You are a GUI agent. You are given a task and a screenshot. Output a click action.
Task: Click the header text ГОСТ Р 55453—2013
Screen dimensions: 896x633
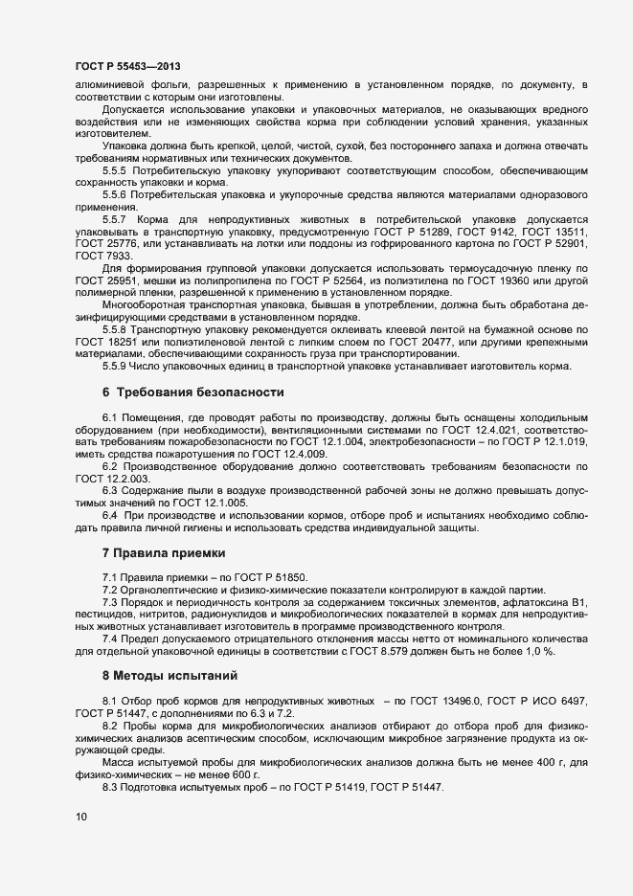tap(127, 66)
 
